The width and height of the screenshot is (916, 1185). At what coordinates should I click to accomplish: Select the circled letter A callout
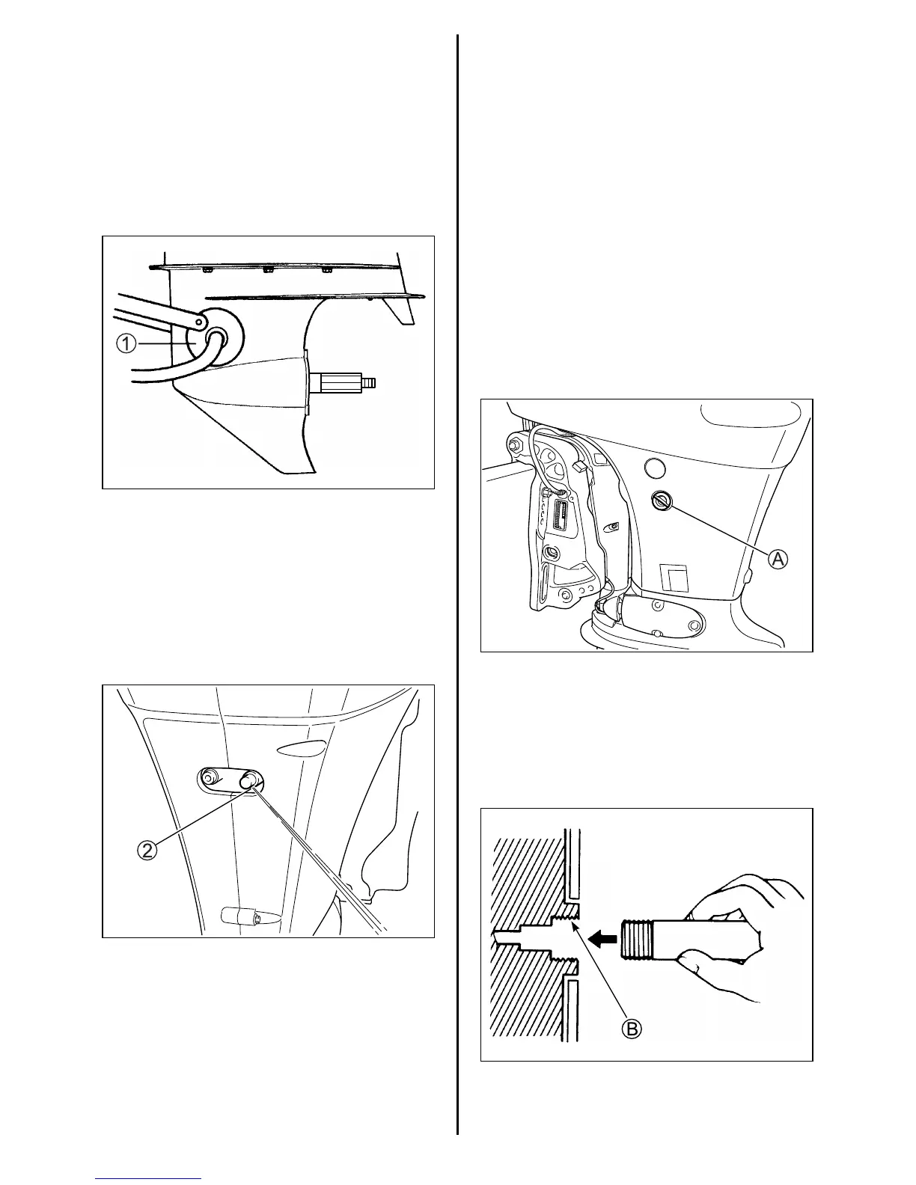point(778,557)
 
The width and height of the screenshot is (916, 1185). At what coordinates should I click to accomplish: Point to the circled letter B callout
point(632,1029)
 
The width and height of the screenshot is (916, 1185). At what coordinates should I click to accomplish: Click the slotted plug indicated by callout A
point(662,501)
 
